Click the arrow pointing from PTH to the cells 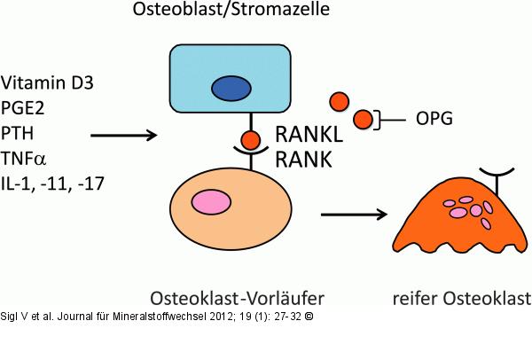click(123, 136)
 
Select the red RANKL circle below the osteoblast click(251, 139)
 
